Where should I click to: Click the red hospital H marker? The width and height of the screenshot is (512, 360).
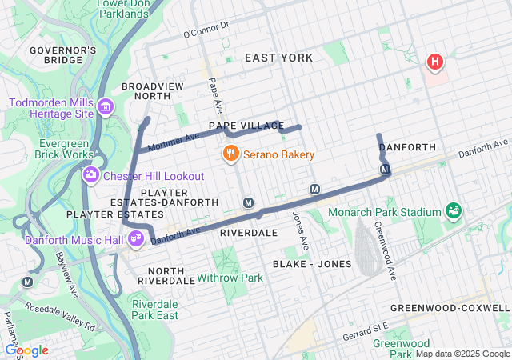434,61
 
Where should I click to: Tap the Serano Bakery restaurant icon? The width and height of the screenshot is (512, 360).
230,154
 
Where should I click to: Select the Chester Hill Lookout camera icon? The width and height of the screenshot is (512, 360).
91,174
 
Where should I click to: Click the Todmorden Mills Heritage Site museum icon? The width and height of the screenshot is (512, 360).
106,107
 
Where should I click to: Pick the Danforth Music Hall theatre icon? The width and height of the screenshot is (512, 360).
136,238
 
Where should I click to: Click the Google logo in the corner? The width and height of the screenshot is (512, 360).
26,350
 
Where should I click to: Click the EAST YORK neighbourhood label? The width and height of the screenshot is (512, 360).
278,58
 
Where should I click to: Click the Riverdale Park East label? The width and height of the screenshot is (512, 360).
154,310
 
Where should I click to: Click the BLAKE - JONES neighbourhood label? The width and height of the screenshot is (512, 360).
311,263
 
